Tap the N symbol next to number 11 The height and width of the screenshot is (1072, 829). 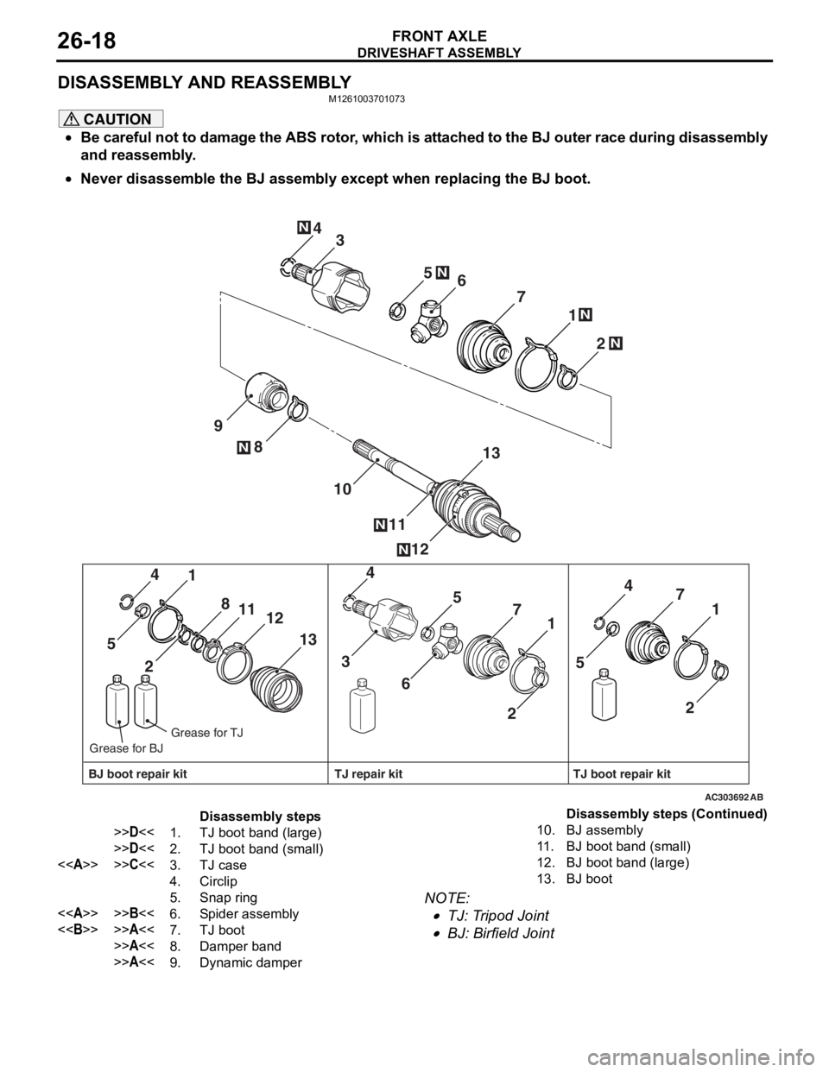click(381, 524)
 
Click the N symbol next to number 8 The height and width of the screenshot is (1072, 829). click(244, 447)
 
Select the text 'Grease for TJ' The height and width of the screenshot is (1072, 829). click(207, 733)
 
